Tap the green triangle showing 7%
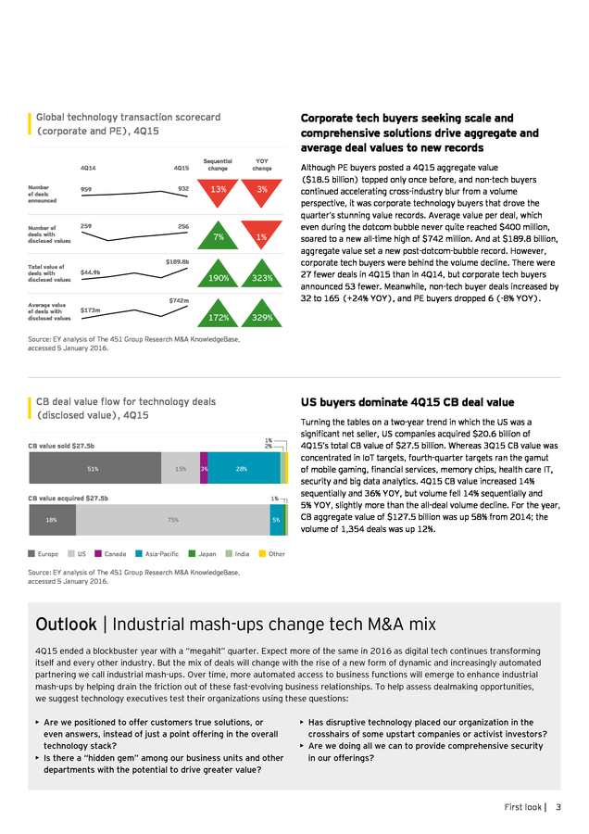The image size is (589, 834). coord(218,238)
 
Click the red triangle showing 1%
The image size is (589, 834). coord(261,233)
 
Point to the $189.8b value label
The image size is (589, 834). coord(177,261)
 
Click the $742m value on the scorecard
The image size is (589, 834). coord(179,300)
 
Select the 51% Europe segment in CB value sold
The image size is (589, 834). coord(95,468)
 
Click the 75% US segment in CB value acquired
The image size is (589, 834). coord(173,520)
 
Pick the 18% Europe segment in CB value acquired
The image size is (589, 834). coord(53,520)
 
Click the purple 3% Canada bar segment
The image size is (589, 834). coord(204,468)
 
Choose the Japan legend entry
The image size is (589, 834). coord(203,554)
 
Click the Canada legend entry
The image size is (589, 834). coord(110,554)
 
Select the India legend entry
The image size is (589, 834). coord(237,554)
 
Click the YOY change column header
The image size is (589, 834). coord(262,164)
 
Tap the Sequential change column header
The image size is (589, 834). coord(218,164)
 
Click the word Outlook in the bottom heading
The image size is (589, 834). coord(67,624)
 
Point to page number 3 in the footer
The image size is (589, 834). coord(558,807)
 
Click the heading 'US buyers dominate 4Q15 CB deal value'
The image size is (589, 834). coord(407,402)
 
